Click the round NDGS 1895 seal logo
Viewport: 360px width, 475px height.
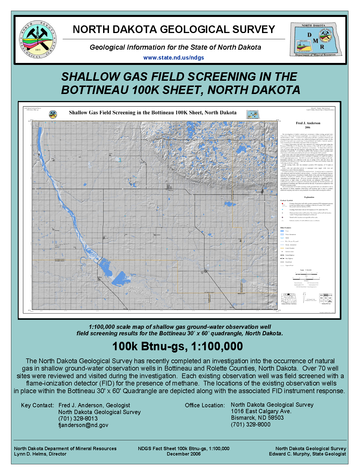pyautogui.click(x=38, y=40)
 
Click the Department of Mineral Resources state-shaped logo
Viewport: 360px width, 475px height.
pyautogui.click(x=315, y=40)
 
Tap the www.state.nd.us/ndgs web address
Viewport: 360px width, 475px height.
pyautogui.click(x=173, y=58)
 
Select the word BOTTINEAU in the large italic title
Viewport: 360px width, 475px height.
pyautogui.click(x=95, y=90)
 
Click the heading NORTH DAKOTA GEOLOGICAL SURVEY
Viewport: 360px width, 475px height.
pyautogui.click(x=174, y=29)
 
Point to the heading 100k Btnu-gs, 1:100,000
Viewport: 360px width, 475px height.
pyautogui.click(x=177, y=346)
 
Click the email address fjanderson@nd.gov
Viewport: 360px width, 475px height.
pyautogui.click(x=83, y=425)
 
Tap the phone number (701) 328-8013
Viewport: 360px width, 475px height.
pyautogui.click(x=78, y=419)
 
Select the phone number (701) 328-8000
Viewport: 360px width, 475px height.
pyautogui.click(x=250, y=424)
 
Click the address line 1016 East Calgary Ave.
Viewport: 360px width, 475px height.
pyautogui.click(x=261, y=411)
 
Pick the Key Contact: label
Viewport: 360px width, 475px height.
pyautogui.click(x=37, y=405)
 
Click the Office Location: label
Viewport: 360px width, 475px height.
pyautogui.click(x=205, y=405)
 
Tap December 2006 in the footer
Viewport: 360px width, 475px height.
pyautogui.click(x=184, y=454)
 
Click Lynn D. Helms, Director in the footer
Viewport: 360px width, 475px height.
pyautogui.click(x=40, y=454)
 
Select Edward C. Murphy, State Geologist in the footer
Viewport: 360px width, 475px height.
pyautogui.click(x=307, y=454)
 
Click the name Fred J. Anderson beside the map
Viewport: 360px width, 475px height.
pyautogui.click(x=308, y=123)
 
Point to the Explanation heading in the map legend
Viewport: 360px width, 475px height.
pyautogui.click(x=309, y=197)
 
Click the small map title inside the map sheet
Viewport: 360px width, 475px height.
pyautogui.click(x=152, y=113)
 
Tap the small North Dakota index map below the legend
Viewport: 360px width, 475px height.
pyautogui.click(x=289, y=298)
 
